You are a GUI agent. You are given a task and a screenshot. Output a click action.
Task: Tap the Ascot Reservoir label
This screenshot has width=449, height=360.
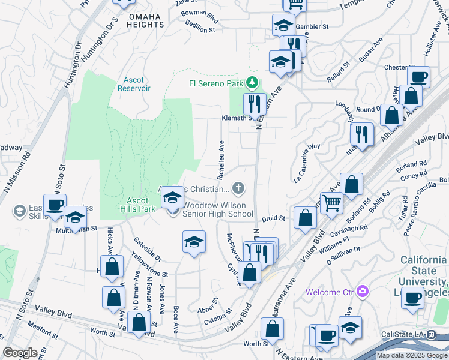click(x=133, y=84)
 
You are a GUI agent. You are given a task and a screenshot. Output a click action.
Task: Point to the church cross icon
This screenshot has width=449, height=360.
click(x=238, y=189)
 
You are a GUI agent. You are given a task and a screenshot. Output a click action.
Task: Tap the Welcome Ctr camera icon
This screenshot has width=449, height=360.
click(x=361, y=292)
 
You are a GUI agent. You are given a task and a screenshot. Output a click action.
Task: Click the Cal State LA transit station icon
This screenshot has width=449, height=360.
click(x=431, y=334)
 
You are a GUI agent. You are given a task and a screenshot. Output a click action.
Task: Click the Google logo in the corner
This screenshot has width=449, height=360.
click(x=20, y=353)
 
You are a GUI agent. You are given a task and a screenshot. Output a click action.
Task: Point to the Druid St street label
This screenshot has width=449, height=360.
click(x=273, y=218)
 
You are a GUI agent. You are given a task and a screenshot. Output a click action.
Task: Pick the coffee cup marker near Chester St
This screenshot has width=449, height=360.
click(x=418, y=77)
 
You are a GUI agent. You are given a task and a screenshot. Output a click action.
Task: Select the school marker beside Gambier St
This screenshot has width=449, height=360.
click(x=283, y=25)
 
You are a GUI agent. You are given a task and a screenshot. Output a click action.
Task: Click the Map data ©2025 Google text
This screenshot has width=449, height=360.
click(x=412, y=355)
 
